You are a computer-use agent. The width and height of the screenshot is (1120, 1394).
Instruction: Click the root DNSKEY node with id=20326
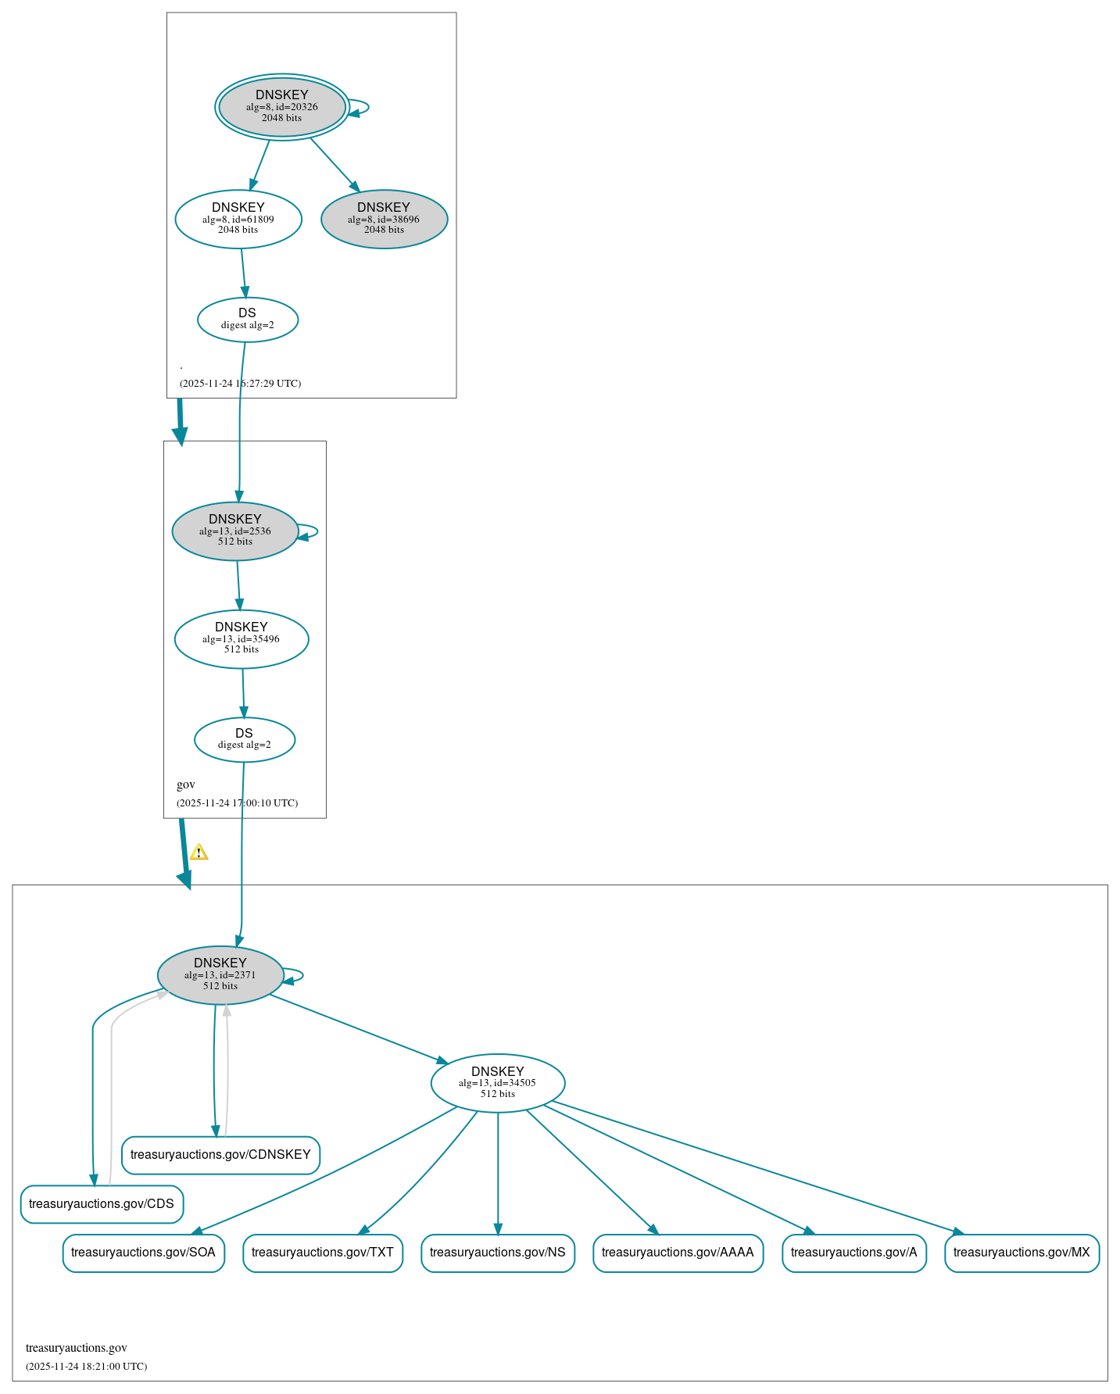[282, 107]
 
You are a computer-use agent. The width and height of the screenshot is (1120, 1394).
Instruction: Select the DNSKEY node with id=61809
[238, 219]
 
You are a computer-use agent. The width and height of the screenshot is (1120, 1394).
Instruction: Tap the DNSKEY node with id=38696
[384, 219]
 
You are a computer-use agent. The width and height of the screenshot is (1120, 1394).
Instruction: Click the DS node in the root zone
[247, 319]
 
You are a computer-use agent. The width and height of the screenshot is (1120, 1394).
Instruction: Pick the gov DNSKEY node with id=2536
[235, 531]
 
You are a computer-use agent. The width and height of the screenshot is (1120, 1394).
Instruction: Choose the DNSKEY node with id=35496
[242, 638]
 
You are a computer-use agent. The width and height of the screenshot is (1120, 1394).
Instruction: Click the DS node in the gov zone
[245, 738]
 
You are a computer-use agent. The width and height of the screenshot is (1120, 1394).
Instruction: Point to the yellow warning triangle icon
[199, 852]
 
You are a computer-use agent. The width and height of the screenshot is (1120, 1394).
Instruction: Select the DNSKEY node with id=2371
[220, 974]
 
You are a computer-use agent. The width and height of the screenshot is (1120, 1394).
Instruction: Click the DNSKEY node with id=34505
[498, 1082]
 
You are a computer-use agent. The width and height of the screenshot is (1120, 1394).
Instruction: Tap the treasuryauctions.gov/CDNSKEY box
[220, 1154]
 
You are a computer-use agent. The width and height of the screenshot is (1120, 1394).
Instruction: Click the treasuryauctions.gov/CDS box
[102, 1203]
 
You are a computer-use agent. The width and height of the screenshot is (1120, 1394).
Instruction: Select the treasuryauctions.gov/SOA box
[143, 1252]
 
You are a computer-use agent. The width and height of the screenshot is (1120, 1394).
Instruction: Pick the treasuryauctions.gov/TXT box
[323, 1252]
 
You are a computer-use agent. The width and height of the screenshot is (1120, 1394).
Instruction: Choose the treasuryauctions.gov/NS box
[498, 1252]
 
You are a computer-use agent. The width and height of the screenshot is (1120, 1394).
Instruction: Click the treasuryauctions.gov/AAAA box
[678, 1252]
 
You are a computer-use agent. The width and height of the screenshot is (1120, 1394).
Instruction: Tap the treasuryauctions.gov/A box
[853, 1252]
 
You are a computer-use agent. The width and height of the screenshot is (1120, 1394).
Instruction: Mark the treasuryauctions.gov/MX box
[1022, 1252]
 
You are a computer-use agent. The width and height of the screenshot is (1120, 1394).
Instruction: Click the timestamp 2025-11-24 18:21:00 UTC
[86, 1366]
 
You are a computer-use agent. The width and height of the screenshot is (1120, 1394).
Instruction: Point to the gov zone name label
[186, 785]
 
